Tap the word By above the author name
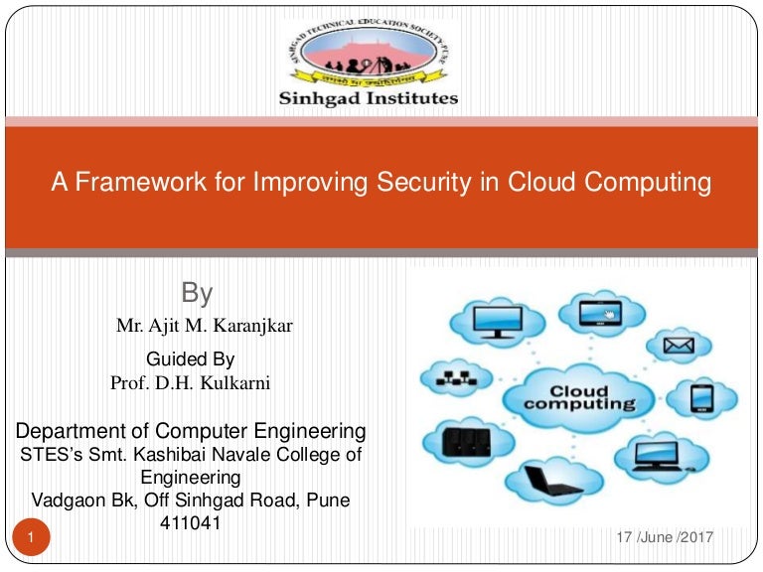click(197, 293)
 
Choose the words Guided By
click(191, 358)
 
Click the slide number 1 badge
click(32, 538)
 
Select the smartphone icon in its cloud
click(701, 398)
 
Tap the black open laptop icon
click(544, 484)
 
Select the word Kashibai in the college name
click(157, 455)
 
